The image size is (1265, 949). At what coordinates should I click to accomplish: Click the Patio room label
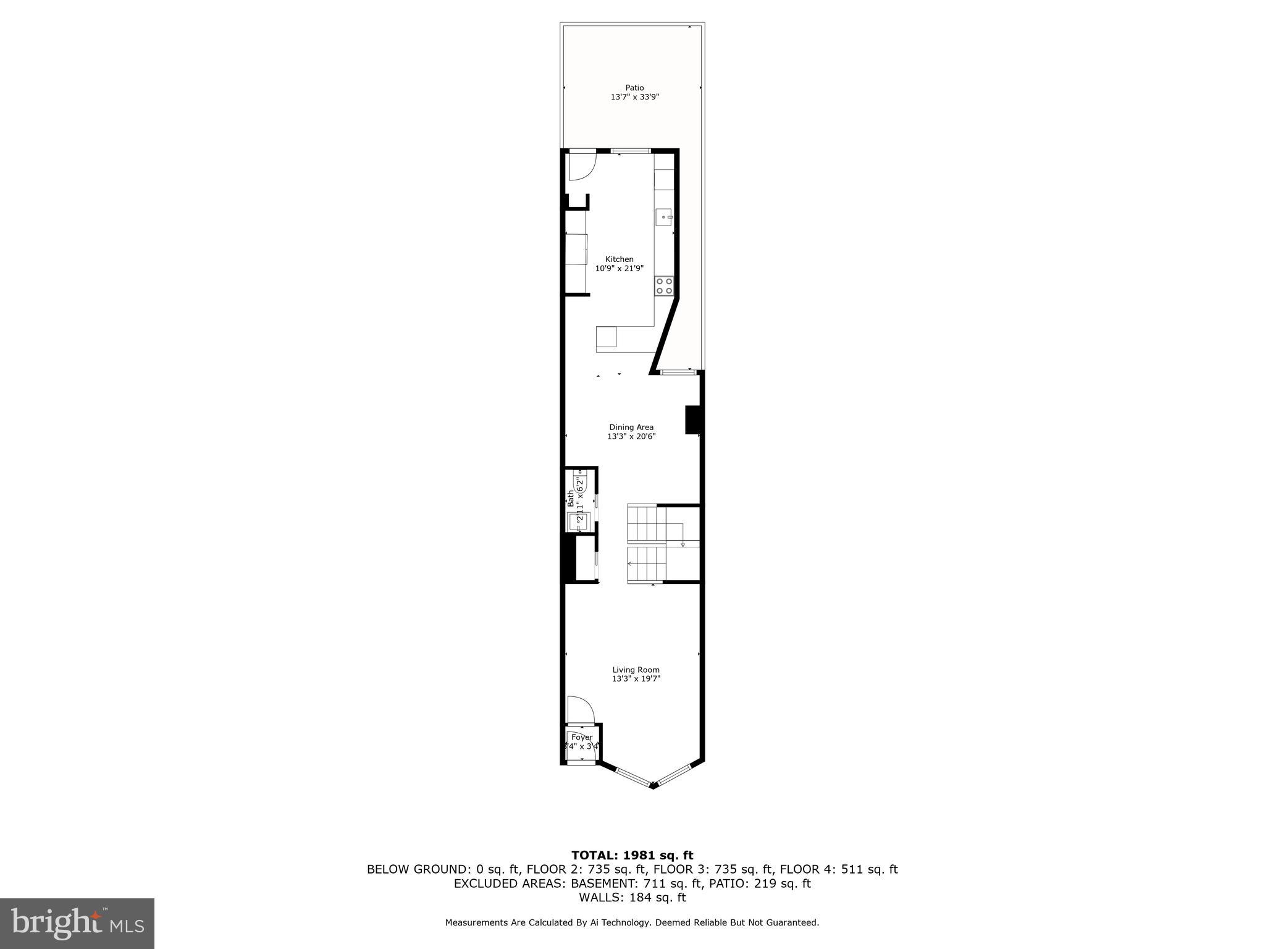[634, 88]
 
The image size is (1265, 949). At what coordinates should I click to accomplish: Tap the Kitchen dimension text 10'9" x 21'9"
[619, 268]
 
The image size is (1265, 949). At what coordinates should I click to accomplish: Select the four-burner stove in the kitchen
[664, 285]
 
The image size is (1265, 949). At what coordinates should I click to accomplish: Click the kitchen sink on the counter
[663, 217]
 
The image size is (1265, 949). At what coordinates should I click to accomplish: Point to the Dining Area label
[631, 427]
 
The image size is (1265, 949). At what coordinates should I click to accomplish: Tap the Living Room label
[636, 670]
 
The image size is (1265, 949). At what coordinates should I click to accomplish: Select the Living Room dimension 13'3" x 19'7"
[636, 679]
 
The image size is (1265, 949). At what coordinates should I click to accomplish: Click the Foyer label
[582, 737]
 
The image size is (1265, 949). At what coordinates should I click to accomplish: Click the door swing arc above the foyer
[579, 709]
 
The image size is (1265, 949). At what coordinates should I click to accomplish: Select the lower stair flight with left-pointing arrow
[645, 563]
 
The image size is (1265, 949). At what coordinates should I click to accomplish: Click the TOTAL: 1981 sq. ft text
[632, 855]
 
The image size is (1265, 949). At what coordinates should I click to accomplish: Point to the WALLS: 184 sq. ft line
[632, 898]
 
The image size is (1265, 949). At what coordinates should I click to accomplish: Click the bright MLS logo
[77, 923]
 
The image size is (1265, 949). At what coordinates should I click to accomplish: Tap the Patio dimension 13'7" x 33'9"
[634, 97]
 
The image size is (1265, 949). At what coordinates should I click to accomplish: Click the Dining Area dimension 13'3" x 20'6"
[631, 436]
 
